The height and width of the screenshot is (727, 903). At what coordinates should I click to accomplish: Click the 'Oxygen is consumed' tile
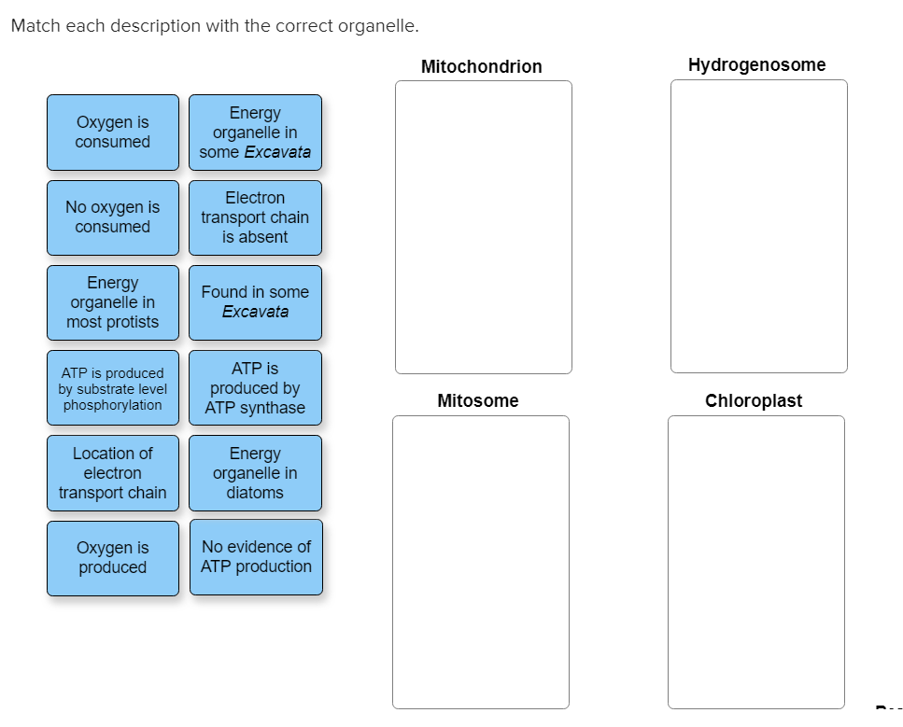pyautogui.click(x=112, y=133)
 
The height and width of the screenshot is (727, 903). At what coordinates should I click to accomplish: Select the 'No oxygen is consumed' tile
pyautogui.click(x=112, y=217)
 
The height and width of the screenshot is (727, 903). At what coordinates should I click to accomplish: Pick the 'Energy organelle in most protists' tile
pyautogui.click(x=112, y=302)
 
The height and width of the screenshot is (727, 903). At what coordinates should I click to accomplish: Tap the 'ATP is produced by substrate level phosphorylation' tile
pyautogui.click(x=112, y=388)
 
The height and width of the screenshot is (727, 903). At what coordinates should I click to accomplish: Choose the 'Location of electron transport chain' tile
pyautogui.click(x=112, y=473)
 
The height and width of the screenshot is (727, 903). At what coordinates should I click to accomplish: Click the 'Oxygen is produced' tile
pyautogui.click(x=112, y=558)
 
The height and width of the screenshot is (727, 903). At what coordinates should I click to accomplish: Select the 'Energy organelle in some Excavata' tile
pyautogui.click(x=255, y=133)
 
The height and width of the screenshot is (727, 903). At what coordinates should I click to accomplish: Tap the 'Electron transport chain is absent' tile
pyautogui.click(x=255, y=217)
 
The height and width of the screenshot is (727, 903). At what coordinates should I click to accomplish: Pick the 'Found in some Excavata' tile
pyautogui.click(x=255, y=302)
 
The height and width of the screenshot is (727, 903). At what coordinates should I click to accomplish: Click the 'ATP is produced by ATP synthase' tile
pyautogui.click(x=255, y=388)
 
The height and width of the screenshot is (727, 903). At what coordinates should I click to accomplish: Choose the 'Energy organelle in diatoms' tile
pyautogui.click(x=255, y=473)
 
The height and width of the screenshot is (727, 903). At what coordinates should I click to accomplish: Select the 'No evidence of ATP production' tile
pyautogui.click(x=256, y=557)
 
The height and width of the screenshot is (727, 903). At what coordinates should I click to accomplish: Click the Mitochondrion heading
pyautogui.click(x=481, y=66)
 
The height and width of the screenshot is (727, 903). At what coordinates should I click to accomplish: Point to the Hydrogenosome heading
pyautogui.click(x=756, y=64)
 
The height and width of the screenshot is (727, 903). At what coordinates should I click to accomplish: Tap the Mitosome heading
pyautogui.click(x=478, y=400)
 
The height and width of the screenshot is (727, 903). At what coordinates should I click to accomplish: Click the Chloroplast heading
pyautogui.click(x=754, y=400)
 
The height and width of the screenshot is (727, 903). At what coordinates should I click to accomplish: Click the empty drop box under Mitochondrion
pyautogui.click(x=483, y=227)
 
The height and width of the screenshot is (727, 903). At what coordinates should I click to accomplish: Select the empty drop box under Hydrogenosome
pyautogui.click(x=758, y=226)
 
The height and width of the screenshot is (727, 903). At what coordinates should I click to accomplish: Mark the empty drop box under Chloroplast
pyautogui.click(x=755, y=562)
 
